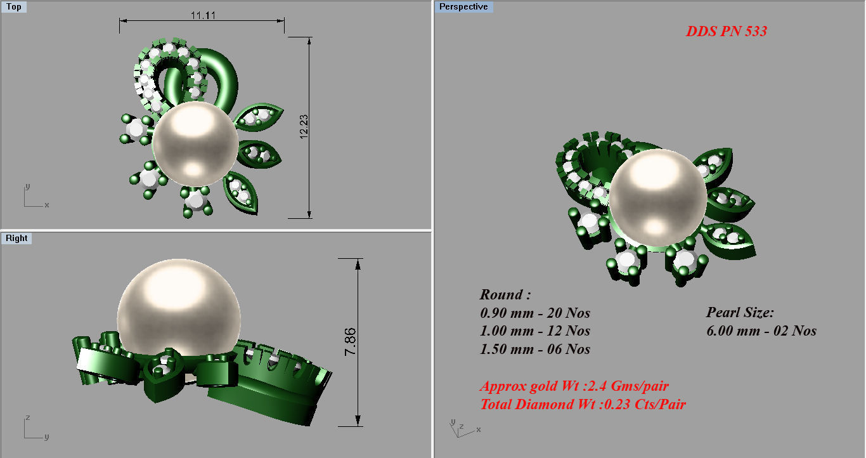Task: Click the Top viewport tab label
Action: [13, 7]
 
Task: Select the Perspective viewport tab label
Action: [463, 7]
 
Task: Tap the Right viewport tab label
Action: [16, 239]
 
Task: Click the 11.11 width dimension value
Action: [202, 15]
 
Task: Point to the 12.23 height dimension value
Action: [304, 127]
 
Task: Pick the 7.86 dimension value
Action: [351, 341]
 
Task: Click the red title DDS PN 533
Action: [726, 31]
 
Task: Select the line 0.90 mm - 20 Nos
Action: [535, 313]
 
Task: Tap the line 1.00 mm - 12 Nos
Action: [535, 331]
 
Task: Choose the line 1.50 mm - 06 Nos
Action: [535, 350]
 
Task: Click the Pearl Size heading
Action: [740, 313]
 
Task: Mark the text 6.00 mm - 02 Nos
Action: [761, 331]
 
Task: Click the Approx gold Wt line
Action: [574, 386]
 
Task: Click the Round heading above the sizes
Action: [505, 295]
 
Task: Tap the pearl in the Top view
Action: [195, 144]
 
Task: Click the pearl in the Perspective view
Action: [657, 197]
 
